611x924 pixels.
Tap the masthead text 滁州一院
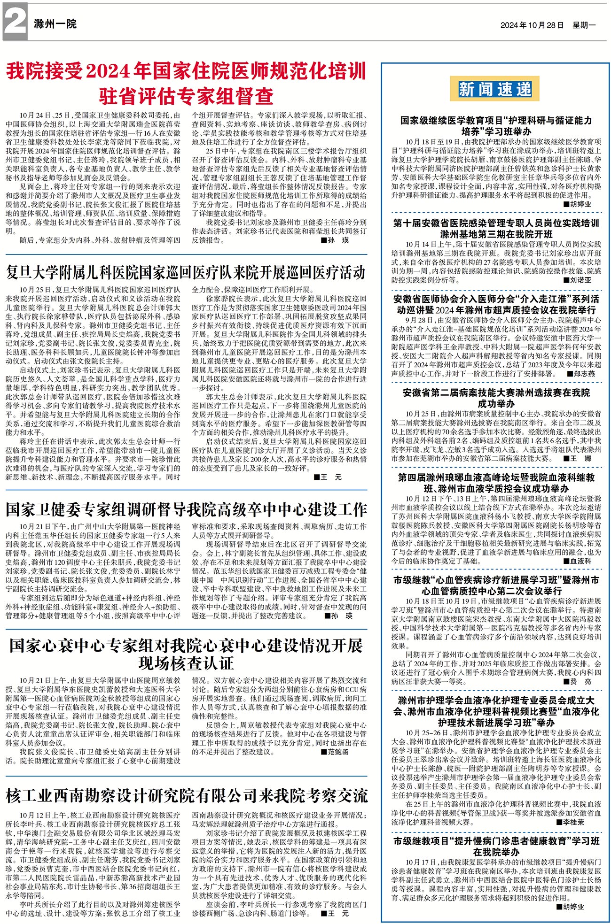[x=55, y=23]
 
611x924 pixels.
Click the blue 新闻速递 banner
[x=495, y=89]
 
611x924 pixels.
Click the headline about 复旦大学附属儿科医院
[x=186, y=272]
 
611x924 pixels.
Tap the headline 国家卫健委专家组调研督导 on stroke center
[x=186, y=509]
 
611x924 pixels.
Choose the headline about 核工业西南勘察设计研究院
[x=186, y=795]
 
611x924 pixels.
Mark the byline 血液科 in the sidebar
[x=580, y=561]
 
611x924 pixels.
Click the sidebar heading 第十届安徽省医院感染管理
[x=496, y=228]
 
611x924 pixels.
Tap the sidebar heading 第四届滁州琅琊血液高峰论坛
[x=496, y=483]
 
